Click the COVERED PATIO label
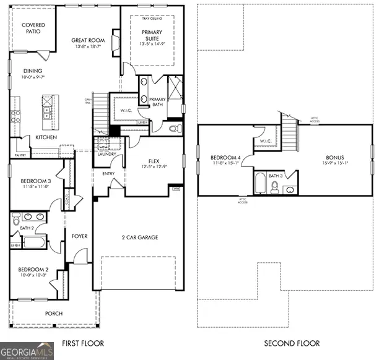[x=33, y=29]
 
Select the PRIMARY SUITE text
[x=151, y=35]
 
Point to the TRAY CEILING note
[x=152, y=19]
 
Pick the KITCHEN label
[x=46, y=137]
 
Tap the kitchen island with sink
[x=47, y=107]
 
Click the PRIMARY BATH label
[x=157, y=102]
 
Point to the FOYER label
[x=79, y=236]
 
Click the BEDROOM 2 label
[x=33, y=270]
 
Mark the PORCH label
[x=54, y=314]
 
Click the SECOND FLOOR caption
[x=292, y=343]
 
